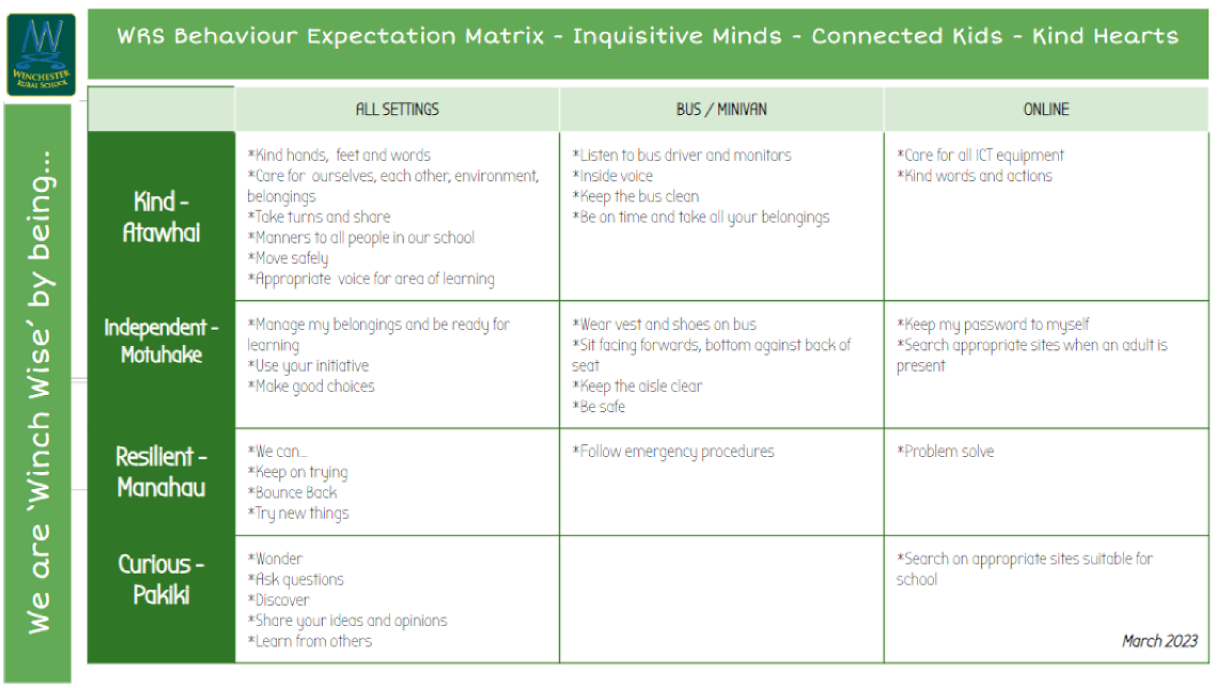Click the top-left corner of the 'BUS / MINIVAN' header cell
click(560, 88)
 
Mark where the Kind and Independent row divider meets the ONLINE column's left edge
click(884, 301)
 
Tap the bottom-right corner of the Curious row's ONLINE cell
click(1208, 662)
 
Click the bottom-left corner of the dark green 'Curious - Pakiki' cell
click(88, 663)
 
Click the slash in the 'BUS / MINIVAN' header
click(709, 110)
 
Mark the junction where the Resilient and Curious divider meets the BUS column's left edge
click(559, 535)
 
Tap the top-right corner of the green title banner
click(1208, 9)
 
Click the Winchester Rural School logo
click(41, 55)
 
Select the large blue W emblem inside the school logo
click(42, 38)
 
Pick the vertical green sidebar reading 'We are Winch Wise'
click(37, 393)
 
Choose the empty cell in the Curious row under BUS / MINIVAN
click(722, 599)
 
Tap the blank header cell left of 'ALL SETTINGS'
click(162, 109)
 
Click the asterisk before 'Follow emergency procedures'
click(576, 450)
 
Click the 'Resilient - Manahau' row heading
click(162, 472)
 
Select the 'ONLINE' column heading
click(1046, 110)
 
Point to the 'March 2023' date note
click(1159, 641)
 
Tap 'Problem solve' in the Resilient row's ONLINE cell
click(949, 452)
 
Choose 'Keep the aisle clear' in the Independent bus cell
click(641, 386)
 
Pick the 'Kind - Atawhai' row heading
click(162, 217)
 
